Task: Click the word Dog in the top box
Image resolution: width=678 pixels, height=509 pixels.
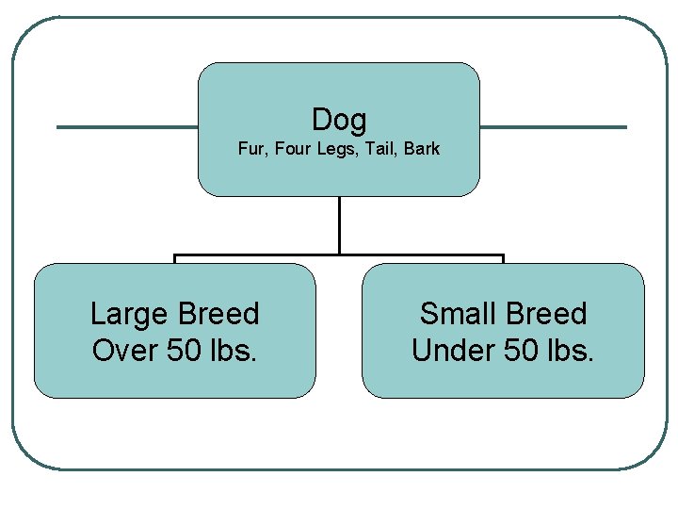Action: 339,120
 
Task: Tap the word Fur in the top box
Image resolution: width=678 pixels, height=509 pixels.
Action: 250,149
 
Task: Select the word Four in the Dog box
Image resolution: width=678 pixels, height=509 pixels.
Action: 292,149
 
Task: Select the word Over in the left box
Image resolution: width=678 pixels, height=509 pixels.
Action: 124,351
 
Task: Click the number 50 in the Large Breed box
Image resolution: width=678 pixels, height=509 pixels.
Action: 185,351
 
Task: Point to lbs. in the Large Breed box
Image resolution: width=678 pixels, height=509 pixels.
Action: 234,351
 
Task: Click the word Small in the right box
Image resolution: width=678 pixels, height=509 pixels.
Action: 458,314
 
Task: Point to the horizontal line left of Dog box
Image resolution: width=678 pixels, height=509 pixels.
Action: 127,127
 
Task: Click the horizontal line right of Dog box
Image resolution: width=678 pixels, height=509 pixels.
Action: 553,127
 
